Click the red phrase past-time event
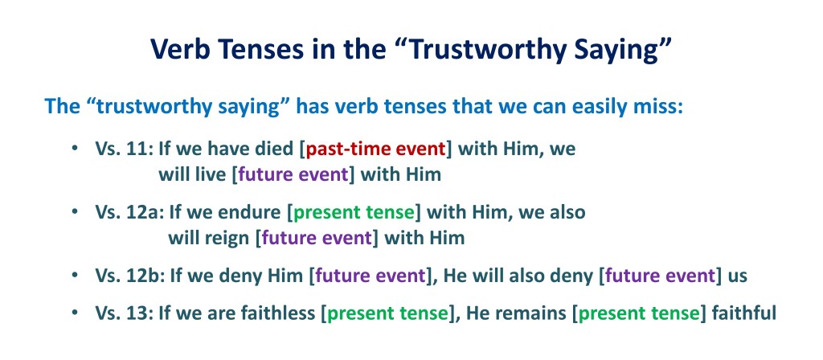click(375, 149)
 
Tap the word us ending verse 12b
click(737, 276)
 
